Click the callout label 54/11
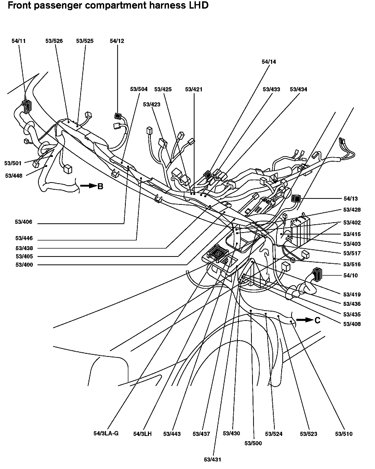[x=19, y=41]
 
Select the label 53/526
[x=54, y=41]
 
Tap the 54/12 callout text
[x=117, y=41]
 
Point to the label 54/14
[x=269, y=62]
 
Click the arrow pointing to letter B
[x=88, y=186]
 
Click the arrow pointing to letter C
[x=305, y=320]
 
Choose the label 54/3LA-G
[x=106, y=433]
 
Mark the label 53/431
[x=213, y=459]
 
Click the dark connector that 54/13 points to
[x=296, y=199]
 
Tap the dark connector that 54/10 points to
[x=317, y=275]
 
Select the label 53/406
[x=23, y=222]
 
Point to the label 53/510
[x=344, y=434]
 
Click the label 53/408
[x=352, y=324]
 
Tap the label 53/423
[x=152, y=104]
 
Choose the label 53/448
[x=14, y=176]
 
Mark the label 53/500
[x=253, y=443]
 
